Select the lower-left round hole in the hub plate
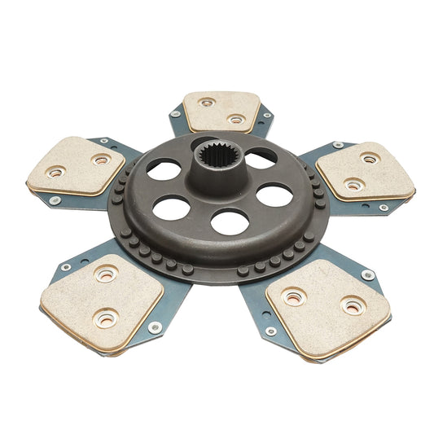point(172,208)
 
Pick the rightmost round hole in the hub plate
point(274,195)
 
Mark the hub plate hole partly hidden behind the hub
point(261,158)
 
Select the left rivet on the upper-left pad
point(56,172)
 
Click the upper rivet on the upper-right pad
point(370,159)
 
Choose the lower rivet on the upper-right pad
point(352,186)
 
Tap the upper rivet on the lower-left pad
point(106,274)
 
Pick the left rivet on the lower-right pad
point(292,298)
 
